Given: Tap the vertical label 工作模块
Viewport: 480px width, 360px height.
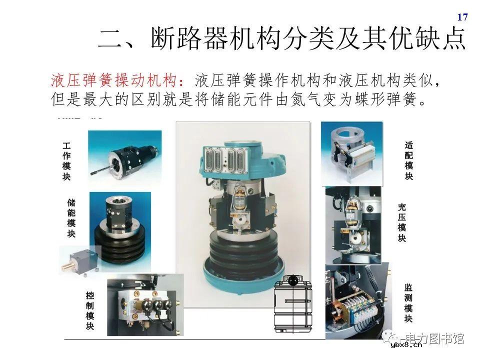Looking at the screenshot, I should point(66,161).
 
